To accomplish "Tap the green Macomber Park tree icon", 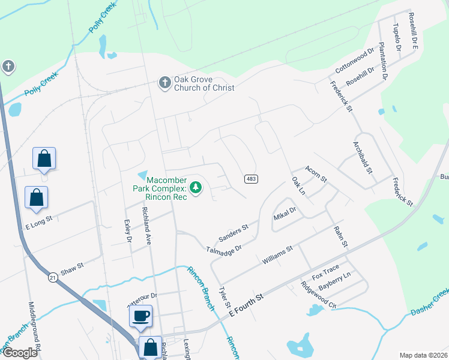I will coord(195,188).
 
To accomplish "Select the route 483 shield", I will coord(251,179).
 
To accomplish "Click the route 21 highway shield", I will coord(53,277).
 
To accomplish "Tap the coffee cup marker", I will coord(140,316).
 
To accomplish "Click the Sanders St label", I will coord(234,233).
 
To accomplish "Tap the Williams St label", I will coord(277,255).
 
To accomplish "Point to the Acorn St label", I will coord(315,174).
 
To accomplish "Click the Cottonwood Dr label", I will coord(354,61).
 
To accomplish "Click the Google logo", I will coord(20,353).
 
